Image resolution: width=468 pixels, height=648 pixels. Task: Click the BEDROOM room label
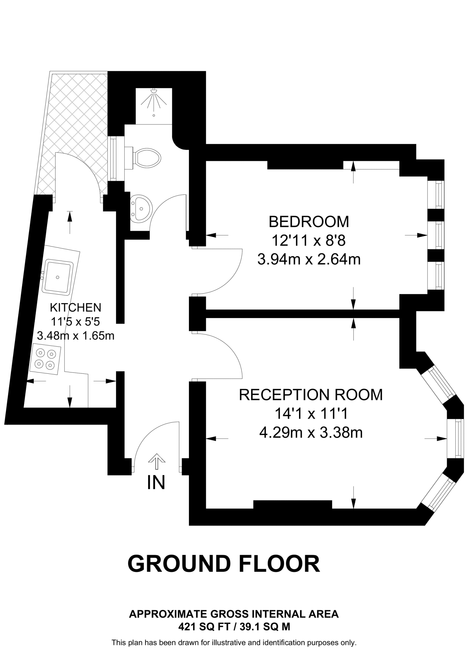(x=309, y=222)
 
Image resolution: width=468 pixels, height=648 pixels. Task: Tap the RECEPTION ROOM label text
(x=310, y=395)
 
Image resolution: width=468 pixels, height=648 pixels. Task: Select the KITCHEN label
(x=76, y=307)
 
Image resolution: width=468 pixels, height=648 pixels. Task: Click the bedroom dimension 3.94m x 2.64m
(x=309, y=260)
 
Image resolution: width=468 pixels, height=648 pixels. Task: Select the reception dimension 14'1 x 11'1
(x=311, y=414)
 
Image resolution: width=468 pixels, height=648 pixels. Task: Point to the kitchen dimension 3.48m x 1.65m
(x=76, y=335)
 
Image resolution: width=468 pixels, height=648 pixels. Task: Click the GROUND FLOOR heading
(x=224, y=564)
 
